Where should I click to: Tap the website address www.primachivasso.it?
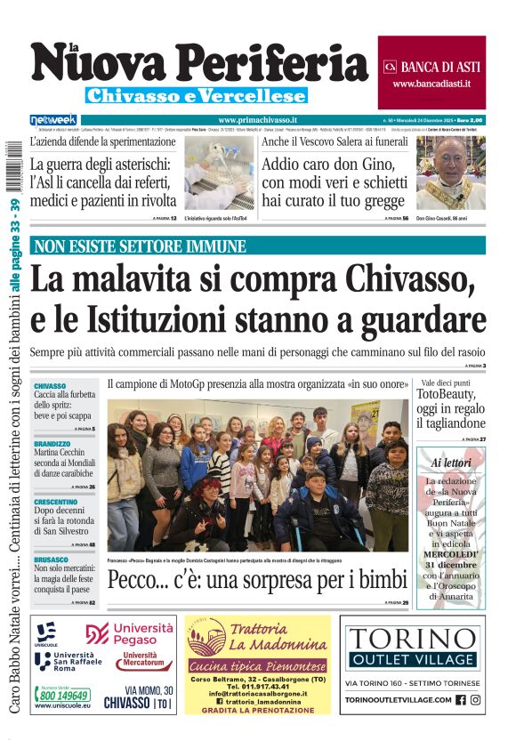[257, 119]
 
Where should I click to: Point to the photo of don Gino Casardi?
[451, 172]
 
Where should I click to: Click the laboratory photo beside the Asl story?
[219, 173]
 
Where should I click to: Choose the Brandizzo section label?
[52, 443]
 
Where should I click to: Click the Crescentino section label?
[55, 502]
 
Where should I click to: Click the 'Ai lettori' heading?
[451, 463]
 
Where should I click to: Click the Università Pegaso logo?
[130, 633]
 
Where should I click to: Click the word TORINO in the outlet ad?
[412, 639]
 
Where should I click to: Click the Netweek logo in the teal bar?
[53, 119]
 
